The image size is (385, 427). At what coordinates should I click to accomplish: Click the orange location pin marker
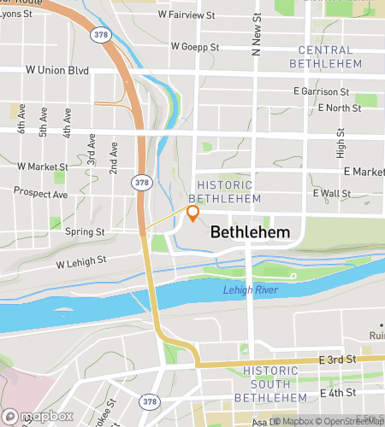(x=192, y=213)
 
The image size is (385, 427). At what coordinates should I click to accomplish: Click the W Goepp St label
(x=195, y=46)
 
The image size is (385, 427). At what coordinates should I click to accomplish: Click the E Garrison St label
(x=321, y=91)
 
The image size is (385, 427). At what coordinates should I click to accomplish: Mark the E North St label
(x=340, y=108)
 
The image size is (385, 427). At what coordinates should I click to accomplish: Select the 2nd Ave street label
(x=114, y=159)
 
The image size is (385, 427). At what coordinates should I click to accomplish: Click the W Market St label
(x=42, y=166)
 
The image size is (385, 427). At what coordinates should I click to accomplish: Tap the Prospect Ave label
(x=42, y=195)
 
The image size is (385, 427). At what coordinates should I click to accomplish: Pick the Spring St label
(x=87, y=231)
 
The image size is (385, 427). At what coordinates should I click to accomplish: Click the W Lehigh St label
(x=81, y=261)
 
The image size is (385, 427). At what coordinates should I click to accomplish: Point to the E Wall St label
(x=332, y=194)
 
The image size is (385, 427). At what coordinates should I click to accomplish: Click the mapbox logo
(x=37, y=416)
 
